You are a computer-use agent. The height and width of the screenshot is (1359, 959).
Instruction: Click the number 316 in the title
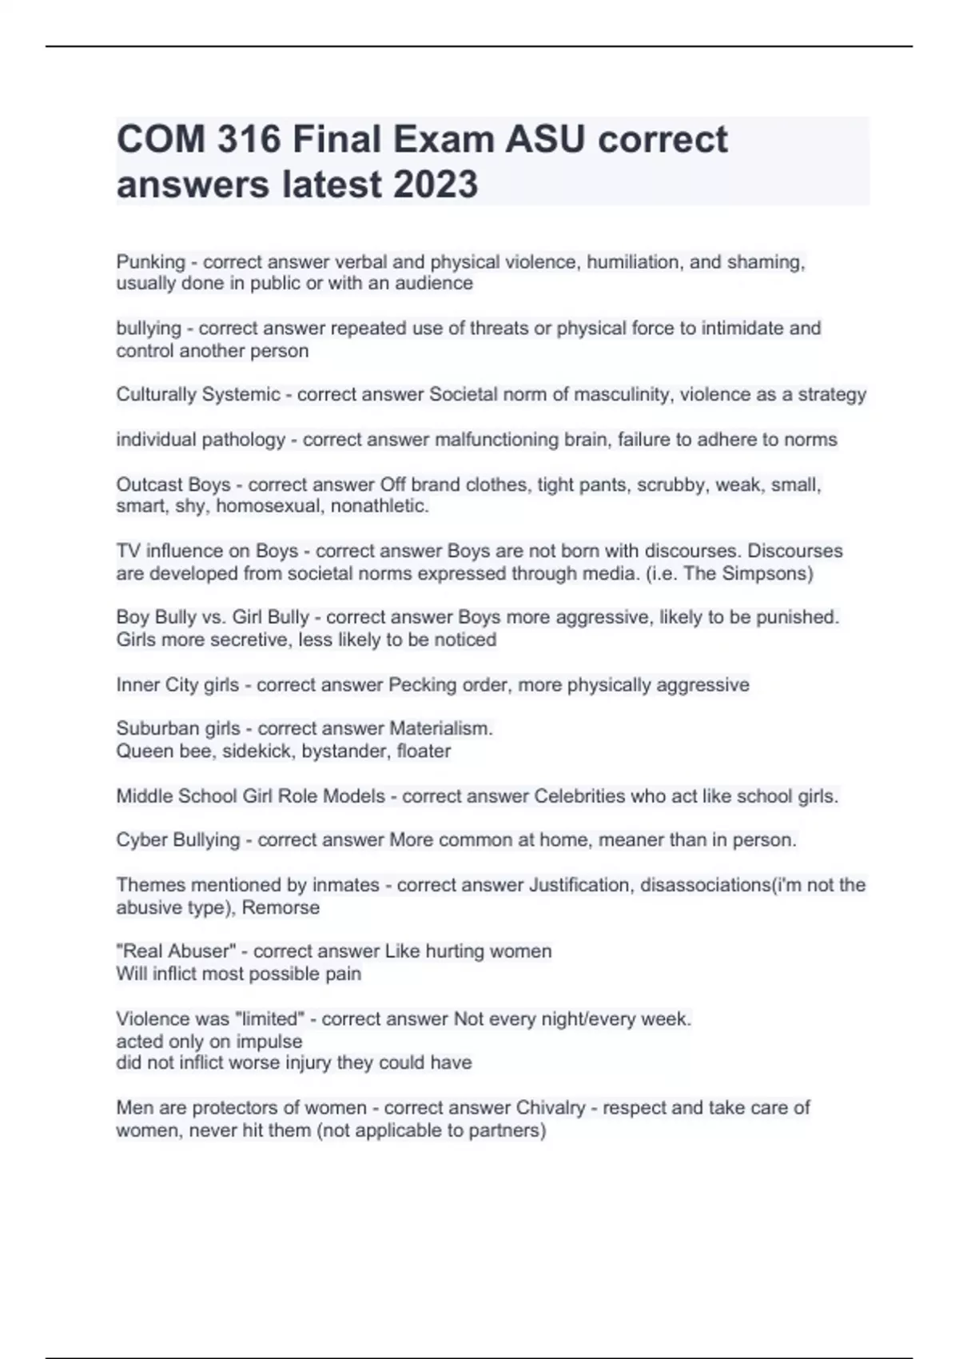tap(249, 140)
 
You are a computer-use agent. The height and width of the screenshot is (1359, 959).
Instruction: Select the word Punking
tap(150, 262)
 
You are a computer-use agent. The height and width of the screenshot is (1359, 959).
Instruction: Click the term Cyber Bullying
tap(177, 840)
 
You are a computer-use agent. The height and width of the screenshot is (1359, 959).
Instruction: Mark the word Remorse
tap(281, 907)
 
